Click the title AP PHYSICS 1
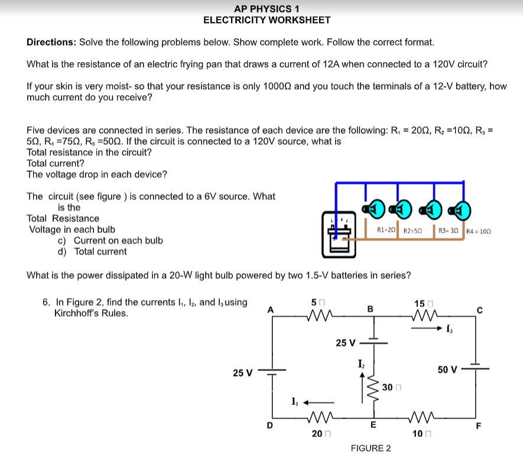pyautogui.click(x=267, y=8)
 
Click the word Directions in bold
pyautogui.click(x=51, y=43)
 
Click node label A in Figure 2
pyautogui.click(x=271, y=308)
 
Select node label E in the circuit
pyautogui.click(x=372, y=424)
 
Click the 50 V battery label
pyautogui.click(x=447, y=370)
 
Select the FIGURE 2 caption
pyautogui.click(x=371, y=448)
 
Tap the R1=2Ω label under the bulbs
pyautogui.click(x=386, y=230)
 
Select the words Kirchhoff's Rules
pyautogui.click(x=91, y=313)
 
